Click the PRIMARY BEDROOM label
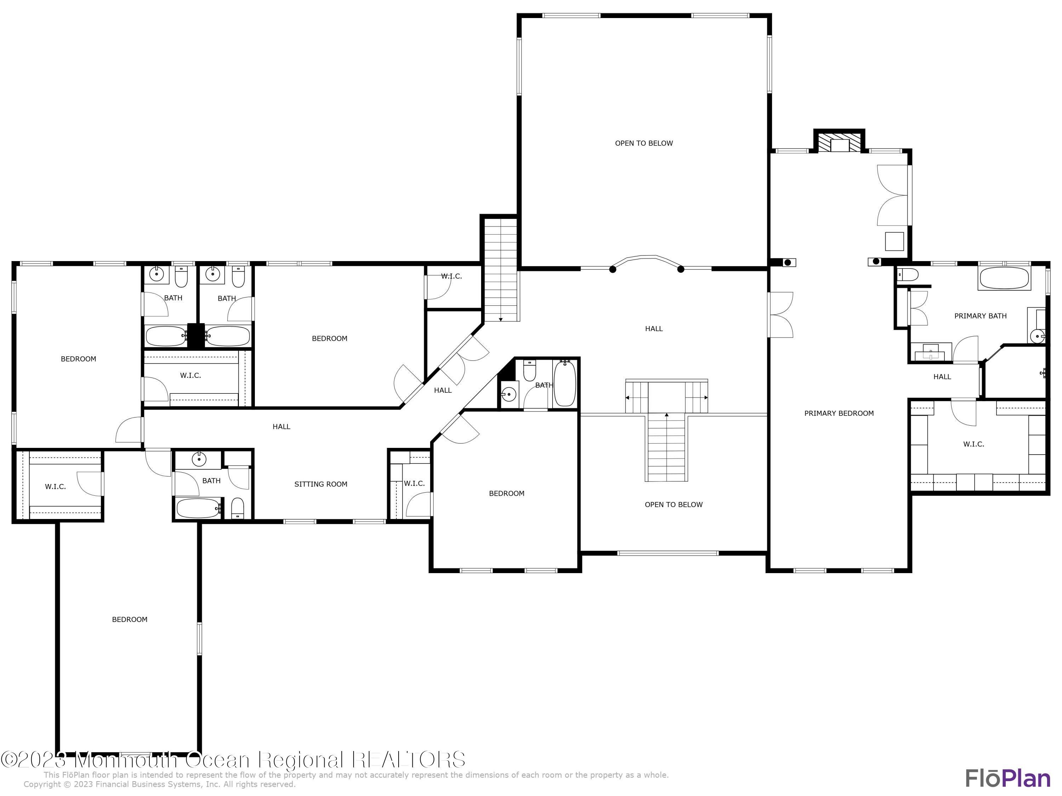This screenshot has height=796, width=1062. pyautogui.click(x=838, y=413)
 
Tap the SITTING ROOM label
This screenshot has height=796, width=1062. pyautogui.click(x=321, y=484)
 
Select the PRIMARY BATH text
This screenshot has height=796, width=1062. pyautogui.click(x=980, y=316)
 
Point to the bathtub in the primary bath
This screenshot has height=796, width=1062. pyautogui.click(x=1004, y=278)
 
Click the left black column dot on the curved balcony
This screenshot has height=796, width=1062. pyautogui.click(x=613, y=270)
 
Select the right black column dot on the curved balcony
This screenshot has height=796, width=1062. pyautogui.click(x=680, y=270)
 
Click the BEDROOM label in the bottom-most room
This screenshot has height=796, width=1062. pyautogui.click(x=130, y=619)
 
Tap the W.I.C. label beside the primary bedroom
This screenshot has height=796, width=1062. pyautogui.click(x=973, y=444)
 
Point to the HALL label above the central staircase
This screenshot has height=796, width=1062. pyautogui.click(x=653, y=329)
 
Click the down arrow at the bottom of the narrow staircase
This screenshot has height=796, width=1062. pyautogui.click(x=500, y=319)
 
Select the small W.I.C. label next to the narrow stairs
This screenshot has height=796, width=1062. pyautogui.click(x=451, y=276)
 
